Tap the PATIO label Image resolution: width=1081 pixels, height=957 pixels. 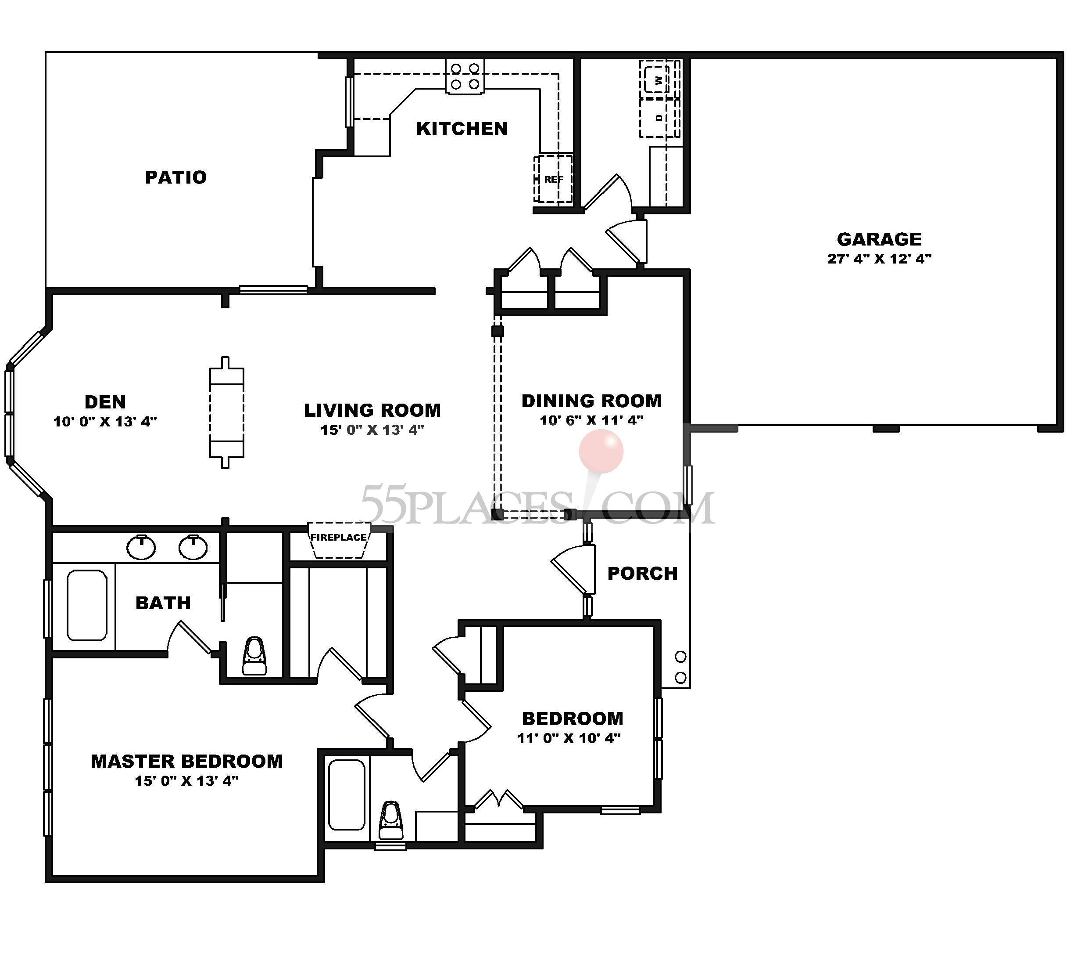coord(175,177)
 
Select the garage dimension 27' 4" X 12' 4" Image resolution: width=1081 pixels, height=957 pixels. coord(879,259)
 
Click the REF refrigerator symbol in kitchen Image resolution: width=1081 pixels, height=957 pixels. coord(553,179)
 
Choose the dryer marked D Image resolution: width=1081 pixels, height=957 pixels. coord(659,118)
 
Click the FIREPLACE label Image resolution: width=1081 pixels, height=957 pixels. coord(339,537)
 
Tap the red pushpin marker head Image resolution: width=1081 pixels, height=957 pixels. coord(601,451)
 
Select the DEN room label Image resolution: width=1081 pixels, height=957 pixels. coord(105,402)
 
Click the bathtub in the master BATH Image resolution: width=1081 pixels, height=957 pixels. coord(87,605)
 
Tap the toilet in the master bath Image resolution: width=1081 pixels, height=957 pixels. coord(254,656)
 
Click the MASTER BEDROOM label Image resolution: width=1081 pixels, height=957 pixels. coord(187,761)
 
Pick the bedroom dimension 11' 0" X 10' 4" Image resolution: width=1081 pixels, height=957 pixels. coord(569,738)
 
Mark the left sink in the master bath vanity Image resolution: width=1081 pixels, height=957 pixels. coord(141,547)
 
